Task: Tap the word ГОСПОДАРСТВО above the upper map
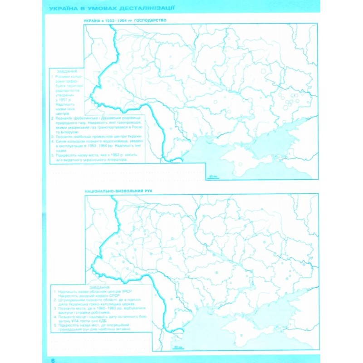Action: (x=148, y=21)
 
